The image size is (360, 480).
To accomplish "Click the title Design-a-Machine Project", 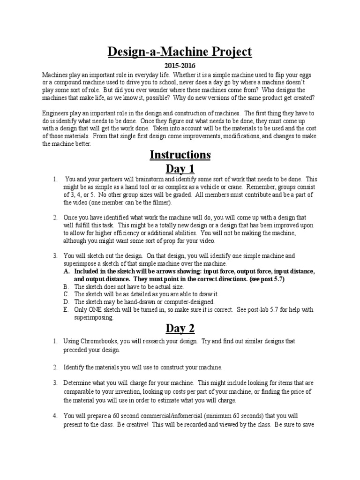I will tap(180, 51).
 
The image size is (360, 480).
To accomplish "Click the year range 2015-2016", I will tap(180, 66).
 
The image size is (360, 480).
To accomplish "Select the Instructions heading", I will tap(180, 155).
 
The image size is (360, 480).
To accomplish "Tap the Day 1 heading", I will tap(180, 169).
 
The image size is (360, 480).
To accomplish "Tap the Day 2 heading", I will tap(180, 329).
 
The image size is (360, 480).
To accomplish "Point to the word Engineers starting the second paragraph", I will tap(56, 113).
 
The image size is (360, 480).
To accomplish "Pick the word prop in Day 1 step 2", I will tap(167, 241).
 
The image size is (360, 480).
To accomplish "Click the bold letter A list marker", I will tap(66, 272).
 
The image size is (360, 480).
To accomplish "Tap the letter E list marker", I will tap(66, 310).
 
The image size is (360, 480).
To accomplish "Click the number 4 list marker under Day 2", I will tap(55, 416).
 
